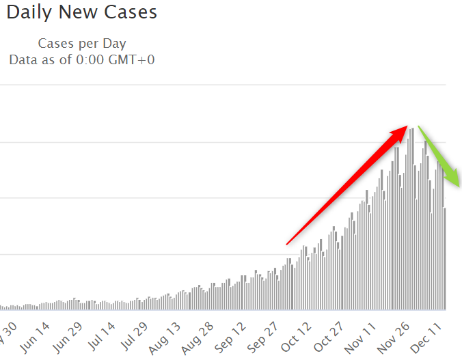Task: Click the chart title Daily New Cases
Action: pyautogui.click(x=82, y=12)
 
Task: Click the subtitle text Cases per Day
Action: pyautogui.click(x=82, y=44)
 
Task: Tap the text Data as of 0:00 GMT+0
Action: pyautogui.click(x=82, y=59)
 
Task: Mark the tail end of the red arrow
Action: pyautogui.click(x=288, y=243)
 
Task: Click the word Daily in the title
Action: pyautogui.click(x=28, y=12)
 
